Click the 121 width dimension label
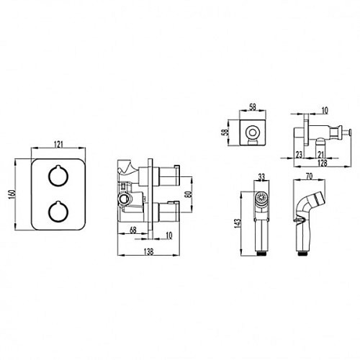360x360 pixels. pyautogui.click(x=58, y=145)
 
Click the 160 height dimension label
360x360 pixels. pyautogui.click(x=12, y=194)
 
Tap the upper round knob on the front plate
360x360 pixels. pyautogui.click(x=58, y=176)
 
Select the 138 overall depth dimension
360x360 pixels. pyautogui.click(x=148, y=251)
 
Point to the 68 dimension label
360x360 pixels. pyautogui.click(x=132, y=230)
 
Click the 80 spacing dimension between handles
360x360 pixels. pyautogui.click(x=189, y=194)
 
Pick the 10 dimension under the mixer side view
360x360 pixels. pyautogui.click(x=169, y=235)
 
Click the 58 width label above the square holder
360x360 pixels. pyautogui.click(x=253, y=107)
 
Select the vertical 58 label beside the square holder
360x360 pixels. pyautogui.click(x=225, y=132)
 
